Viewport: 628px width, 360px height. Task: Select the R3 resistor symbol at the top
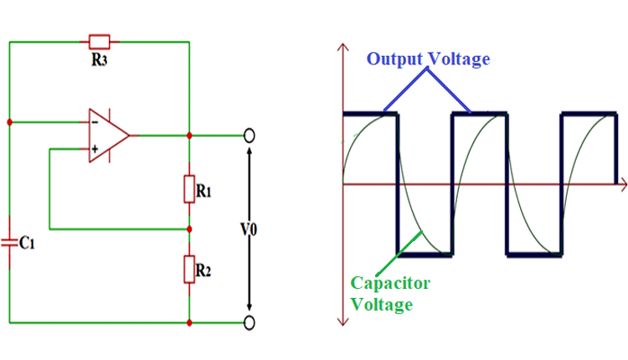click(99, 40)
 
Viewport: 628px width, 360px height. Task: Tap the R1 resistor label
click(203, 192)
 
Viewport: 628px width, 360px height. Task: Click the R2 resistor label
click(203, 270)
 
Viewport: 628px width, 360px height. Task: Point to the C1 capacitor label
click(27, 243)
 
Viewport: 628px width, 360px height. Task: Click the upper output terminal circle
click(249, 135)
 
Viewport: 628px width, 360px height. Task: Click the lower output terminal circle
click(249, 321)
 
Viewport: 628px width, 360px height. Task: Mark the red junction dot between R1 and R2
click(190, 228)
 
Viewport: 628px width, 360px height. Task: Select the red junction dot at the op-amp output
click(190, 135)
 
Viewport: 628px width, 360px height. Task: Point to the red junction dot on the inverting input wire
click(9, 122)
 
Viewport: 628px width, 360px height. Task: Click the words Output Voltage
click(428, 59)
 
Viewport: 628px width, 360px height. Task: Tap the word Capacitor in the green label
click(390, 283)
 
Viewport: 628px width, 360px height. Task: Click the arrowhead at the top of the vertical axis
click(342, 46)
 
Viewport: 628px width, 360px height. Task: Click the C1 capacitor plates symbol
click(9, 242)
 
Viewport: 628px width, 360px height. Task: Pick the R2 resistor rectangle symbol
click(190, 270)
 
